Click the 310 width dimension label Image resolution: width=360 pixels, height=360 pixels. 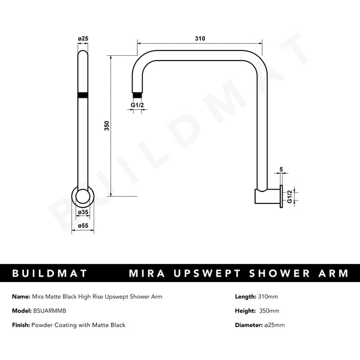[200, 39]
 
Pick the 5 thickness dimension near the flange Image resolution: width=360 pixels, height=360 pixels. [281, 170]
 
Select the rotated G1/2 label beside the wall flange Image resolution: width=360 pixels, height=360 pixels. [289, 196]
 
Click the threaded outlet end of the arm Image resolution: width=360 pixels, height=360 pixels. [137, 95]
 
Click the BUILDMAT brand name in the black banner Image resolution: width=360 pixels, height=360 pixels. [50, 274]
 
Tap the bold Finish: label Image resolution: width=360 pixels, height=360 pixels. [23, 325]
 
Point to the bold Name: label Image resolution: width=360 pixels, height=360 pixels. [22, 296]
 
